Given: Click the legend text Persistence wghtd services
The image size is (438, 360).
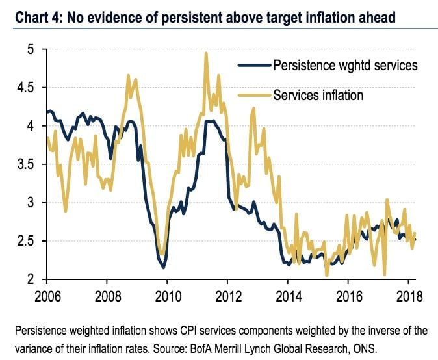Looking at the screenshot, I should pyautogui.click(x=344, y=66).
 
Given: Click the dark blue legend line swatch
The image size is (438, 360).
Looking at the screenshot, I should pyautogui.click(x=252, y=66).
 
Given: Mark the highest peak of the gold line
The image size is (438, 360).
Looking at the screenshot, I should pyautogui.click(x=206, y=53).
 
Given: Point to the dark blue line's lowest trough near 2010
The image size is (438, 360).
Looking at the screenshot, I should pyautogui.click(x=163, y=267).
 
